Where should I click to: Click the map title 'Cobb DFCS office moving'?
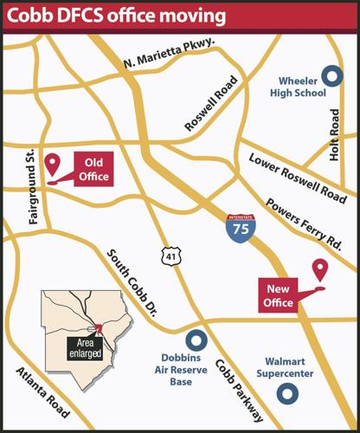click(x=116, y=16)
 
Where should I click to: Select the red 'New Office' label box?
click(x=279, y=294)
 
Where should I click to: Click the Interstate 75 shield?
click(x=237, y=227)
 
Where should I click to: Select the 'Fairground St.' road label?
click(x=33, y=187)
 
